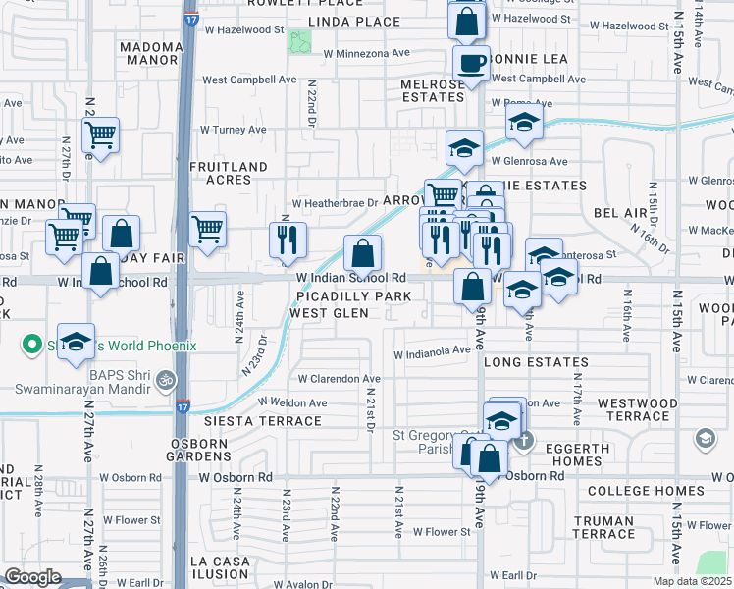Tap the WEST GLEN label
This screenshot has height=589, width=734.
click(329, 313)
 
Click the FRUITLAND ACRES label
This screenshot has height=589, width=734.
click(228, 174)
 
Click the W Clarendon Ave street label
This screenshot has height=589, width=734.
click(339, 379)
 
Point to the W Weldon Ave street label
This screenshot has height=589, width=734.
click(292, 402)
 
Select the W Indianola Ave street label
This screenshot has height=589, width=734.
click(433, 350)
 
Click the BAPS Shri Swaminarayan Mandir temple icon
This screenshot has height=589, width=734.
click(166, 377)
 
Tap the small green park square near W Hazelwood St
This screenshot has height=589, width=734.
click(299, 42)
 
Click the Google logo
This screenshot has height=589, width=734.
click(33, 577)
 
